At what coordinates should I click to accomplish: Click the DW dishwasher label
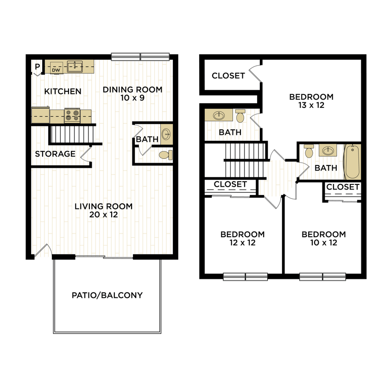pyautogui.click(x=56, y=70)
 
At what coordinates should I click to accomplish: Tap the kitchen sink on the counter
pyautogui.click(x=74, y=66)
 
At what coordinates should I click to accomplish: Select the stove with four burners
pyautogui.click(x=72, y=114)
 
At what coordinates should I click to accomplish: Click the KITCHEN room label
pyautogui.click(x=63, y=92)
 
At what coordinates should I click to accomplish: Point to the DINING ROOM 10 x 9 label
pyautogui.click(x=132, y=94)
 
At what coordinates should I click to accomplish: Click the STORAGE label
pyautogui.click(x=55, y=154)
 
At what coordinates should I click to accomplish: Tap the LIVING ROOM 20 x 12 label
pyautogui.click(x=104, y=210)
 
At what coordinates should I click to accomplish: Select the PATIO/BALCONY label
pyautogui.click(x=107, y=295)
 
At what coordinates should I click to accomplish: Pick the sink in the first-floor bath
pyautogui.click(x=167, y=134)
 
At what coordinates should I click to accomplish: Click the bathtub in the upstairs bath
pyautogui.click(x=352, y=162)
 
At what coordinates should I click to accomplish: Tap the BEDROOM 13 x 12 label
pyautogui.click(x=311, y=101)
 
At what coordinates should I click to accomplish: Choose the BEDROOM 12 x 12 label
pyautogui.click(x=242, y=239)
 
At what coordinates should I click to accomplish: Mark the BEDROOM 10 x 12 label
pyautogui.click(x=323, y=239)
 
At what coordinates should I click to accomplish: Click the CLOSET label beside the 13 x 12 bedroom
pyautogui.click(x=228, y=76)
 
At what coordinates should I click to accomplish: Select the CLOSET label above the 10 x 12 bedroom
pyautogui.click(x=343, y=187)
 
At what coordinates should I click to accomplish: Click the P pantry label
pyautogui.click(x=37, y=67)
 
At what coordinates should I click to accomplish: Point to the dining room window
pyautogui.click(x=140, y=57)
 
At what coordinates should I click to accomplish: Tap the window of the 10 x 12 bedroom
pyautogui.click(x=323, y=277)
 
